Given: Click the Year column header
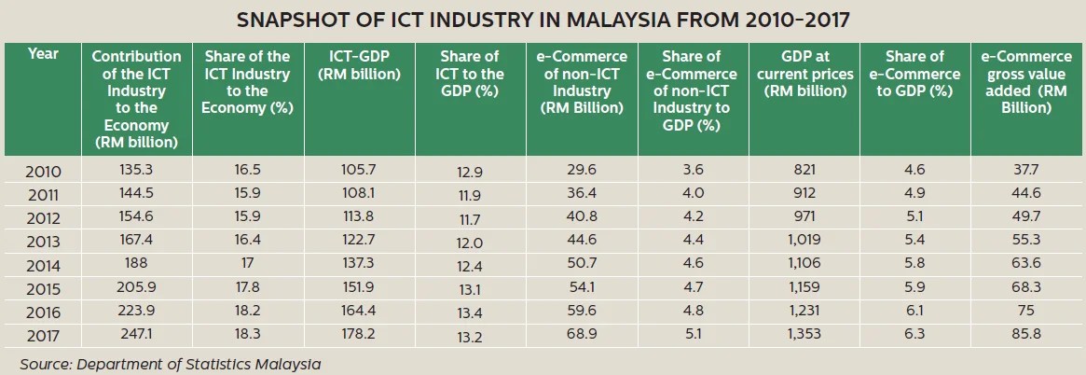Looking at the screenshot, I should pyautogui.click(x=43, y=54).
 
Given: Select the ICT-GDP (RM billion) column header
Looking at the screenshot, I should pyautogui.click(x=360, y=65).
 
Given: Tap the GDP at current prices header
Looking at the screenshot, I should pyautogui.click(x=804, y=74).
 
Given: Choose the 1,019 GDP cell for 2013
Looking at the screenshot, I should pyautogui.click(x=804, y=242).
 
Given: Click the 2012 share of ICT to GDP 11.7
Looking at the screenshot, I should pyautogui.click(x=471, y=219).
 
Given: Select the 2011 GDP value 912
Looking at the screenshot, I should pyautogui.click(x=804, y=194).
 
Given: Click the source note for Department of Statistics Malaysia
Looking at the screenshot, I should pyautogui.click(x=170, y=364).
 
